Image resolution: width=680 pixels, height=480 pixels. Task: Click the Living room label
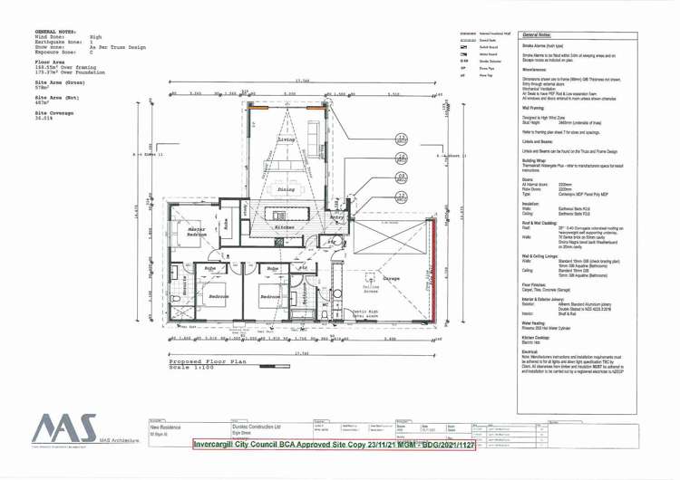tap(287, 140)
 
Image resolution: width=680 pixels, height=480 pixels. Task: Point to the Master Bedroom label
tap(198, 232)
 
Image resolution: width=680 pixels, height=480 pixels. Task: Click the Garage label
tap(392, 278)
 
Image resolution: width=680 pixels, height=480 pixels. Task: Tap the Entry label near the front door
tap(337, 217)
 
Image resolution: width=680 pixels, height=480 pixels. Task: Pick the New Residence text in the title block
tap(166, 427)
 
